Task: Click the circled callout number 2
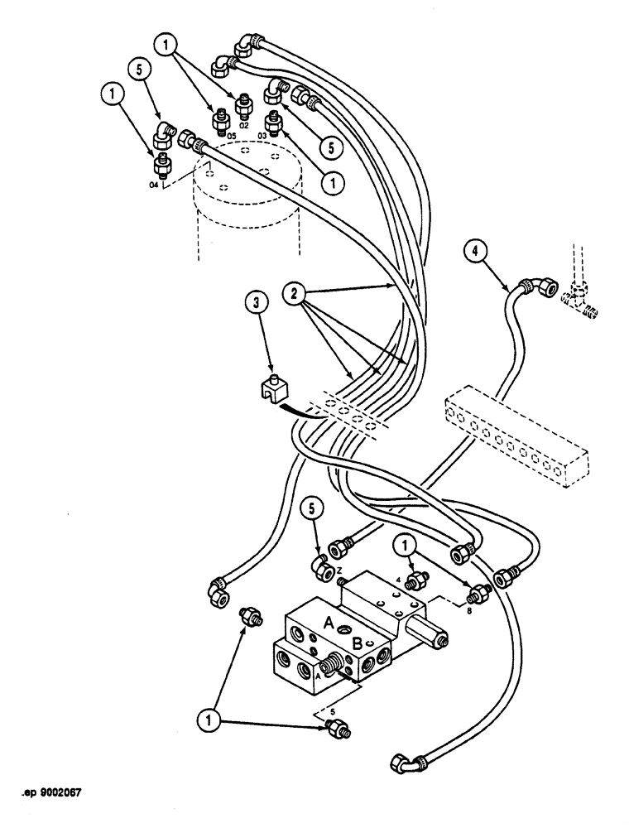click(x=293, y=293)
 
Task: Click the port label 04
click(x=154, y=186)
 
